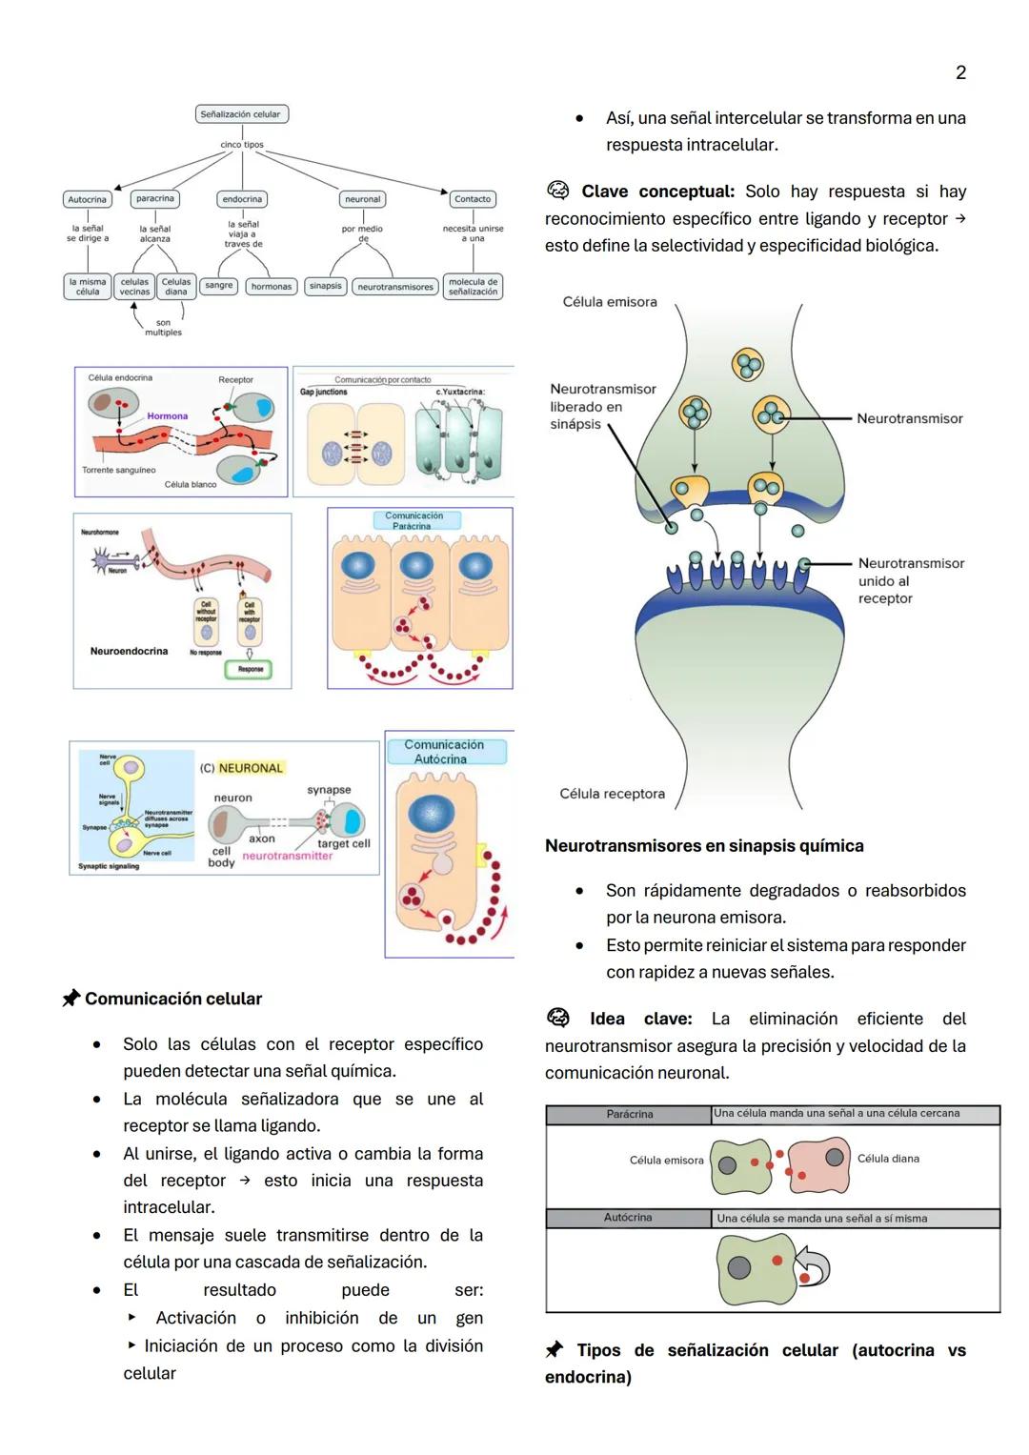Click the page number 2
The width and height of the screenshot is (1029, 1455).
[x=960, y=73]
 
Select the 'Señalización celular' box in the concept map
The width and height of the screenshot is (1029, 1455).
[x=241, y=114]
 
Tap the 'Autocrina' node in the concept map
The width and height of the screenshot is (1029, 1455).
[x=88, y=199]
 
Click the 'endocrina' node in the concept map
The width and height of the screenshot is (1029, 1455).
[x=242, y=199]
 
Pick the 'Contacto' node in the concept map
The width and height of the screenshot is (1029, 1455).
[x=473, y=199]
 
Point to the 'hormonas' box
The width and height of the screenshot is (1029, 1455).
[x=272, y=286]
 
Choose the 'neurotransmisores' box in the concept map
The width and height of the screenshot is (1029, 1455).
[x=395, y=286]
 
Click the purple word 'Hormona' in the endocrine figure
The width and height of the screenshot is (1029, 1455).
[x=168, y=416]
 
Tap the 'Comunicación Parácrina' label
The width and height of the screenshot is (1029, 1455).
[x=414, y=520]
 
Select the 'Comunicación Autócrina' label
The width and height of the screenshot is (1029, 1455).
[x=444, y=752]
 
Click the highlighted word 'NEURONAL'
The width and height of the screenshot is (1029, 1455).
[x=251, y=768]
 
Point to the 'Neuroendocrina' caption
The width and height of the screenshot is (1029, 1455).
[x=129, y=652]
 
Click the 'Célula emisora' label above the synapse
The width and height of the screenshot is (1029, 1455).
[x=610, y=302]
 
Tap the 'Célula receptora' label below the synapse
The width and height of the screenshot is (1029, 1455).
[x=612, y=794]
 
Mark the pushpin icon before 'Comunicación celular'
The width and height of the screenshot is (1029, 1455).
[x=71, y=999]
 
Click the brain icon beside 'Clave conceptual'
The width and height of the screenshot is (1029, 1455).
[x=557, y=191]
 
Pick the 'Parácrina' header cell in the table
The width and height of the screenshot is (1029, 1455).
[x=629, y=1114]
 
